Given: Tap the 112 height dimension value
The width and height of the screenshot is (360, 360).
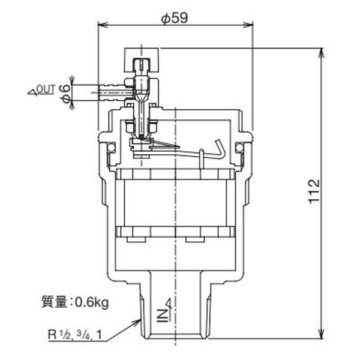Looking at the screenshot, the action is point(314,191).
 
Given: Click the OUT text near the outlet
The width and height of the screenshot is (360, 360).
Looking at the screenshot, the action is point(46,89).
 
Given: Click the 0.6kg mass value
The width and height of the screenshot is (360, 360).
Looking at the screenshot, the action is point(92,303).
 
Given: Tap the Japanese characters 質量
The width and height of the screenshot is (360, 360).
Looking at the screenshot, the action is point(54,302).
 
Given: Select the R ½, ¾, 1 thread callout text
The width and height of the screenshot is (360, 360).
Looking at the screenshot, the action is point(75,335).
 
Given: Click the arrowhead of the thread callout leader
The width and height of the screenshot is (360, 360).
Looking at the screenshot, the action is point(137,322).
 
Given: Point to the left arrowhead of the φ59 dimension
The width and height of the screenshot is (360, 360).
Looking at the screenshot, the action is point(103,25).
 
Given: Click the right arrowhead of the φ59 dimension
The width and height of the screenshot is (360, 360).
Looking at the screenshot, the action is point(248,25).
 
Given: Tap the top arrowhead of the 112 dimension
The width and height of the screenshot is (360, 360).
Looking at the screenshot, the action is point(322,53).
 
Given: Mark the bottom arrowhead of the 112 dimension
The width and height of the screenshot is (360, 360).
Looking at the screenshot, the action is point(322,333).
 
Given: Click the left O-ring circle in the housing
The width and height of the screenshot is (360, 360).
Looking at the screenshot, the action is point(112,148).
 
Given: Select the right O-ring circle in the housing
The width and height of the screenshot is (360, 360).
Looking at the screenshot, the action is point(239,148).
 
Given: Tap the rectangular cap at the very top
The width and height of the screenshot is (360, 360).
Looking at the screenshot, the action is point(142,60).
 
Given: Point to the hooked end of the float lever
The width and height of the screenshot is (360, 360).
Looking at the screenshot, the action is point(219,149).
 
